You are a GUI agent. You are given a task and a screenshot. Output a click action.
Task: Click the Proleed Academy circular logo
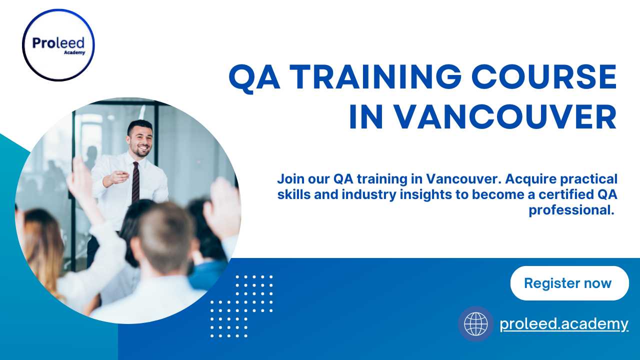click(58, 45)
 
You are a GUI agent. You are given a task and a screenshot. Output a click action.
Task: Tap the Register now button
click(569, 283)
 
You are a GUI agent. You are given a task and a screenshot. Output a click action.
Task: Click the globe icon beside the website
click(476, 324)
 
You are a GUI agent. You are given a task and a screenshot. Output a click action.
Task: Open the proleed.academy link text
click(564, 324)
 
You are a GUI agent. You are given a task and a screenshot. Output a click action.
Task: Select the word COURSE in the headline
click(544, 77)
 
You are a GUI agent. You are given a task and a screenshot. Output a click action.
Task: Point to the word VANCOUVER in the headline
click(505, 117)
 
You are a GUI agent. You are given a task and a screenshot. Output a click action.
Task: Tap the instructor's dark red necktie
click(135, 182)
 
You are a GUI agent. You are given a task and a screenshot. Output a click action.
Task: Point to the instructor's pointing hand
click(118, 177)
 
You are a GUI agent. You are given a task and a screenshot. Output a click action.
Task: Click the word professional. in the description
click(571, 210)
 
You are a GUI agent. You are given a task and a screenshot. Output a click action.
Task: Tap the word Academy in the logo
click(74, 52)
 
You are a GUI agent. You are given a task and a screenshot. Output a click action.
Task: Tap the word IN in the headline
click(366, 117)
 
